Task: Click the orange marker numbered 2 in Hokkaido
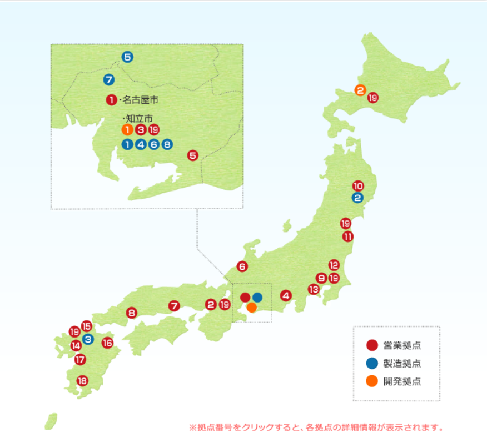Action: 360,90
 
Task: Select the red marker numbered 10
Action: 358,186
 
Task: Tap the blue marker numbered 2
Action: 357,198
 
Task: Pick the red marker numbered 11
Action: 347,236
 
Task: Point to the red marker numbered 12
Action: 334,265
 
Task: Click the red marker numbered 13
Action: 314,289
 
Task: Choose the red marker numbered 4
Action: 286,296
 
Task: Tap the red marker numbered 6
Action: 242,266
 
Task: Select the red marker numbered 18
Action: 82,381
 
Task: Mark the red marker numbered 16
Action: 107,343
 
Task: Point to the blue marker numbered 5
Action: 127,57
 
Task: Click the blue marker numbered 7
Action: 109,79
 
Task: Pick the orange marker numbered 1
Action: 127,130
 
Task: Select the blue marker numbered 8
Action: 167,144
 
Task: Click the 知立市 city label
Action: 138,119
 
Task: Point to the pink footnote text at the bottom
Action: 316,428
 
